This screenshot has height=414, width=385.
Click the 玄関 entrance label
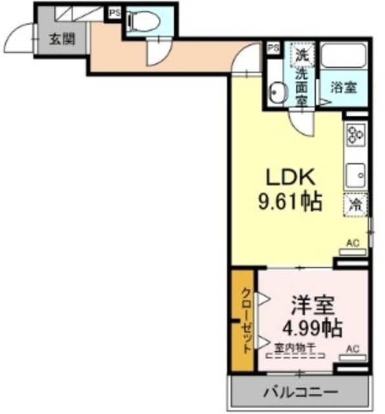click(61, 38)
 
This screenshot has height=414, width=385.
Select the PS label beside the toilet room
click(114, 12)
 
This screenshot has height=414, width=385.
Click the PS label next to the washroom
click(273, 48)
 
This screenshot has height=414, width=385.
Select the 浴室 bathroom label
click(344, 88)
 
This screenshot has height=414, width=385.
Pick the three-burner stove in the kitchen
click(356, 135)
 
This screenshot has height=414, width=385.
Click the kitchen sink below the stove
click(356, 173)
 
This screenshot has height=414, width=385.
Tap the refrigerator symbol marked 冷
click(355, 206)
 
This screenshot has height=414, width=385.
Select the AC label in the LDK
click(353, 243)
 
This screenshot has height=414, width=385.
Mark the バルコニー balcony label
click(300, 392)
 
